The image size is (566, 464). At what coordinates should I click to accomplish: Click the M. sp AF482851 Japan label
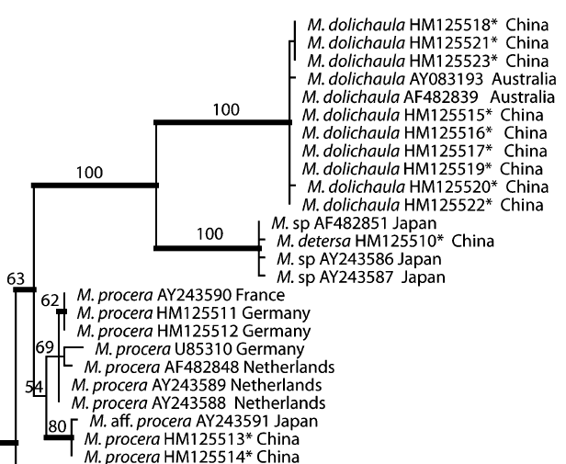tap(354, 224)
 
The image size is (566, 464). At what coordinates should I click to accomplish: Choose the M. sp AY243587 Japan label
tap(354, 277)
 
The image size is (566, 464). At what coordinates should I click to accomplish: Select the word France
tap(263, 296)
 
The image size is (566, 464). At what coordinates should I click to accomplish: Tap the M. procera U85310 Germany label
tap(198, 349)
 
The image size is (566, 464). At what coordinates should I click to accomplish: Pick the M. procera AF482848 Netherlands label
tap(209, 368)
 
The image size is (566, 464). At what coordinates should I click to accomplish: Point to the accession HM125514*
tap(219, 457)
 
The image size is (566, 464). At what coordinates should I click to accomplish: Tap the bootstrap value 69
tap(45, 346)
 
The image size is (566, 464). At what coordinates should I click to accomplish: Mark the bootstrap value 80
tap(56, 426)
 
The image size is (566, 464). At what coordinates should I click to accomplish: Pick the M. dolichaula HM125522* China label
tap(424, 204)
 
